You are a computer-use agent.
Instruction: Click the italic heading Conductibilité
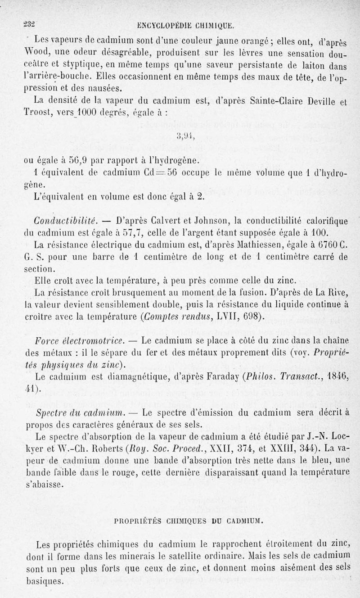[66, 221]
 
